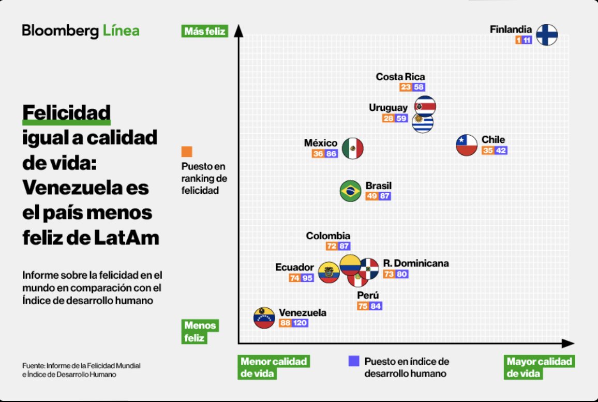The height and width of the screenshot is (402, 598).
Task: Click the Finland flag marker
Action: click(x=546, y=35)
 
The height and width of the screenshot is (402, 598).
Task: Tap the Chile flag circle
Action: click(x=466, y=145)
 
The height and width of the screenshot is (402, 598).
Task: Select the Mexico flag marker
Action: click(x=353, y=149)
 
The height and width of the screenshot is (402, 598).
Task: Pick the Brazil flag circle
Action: click(x=350, y=191)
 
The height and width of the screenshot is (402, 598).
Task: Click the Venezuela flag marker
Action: click(x=263, y=318)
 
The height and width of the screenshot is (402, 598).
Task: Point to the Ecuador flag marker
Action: click(x=328, y=272)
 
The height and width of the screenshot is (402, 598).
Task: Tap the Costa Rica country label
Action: click(x=400, y=77)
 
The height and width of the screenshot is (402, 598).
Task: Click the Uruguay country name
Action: click(x=388, y=108)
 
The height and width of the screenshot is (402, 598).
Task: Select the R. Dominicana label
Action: click(x=416, y=263)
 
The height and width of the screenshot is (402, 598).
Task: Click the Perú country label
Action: click(x=368, y=295)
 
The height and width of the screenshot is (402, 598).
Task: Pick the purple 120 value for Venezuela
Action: click(x=300, y=323)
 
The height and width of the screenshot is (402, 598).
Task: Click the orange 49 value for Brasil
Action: click(x=372, y=196)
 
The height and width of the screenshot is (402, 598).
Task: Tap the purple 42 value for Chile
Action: click(x=501, y=151)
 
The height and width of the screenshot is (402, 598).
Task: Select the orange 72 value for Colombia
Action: click(x=332, y=246)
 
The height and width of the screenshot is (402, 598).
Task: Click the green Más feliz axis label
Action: click(x=205, y=32)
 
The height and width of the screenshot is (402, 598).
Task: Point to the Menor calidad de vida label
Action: click(x=274, y=367)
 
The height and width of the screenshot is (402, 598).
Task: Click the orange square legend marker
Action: click(x=187, y=152)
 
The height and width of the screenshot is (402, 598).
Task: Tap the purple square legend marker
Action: click(x=354, y=361)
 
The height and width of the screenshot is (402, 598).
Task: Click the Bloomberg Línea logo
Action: click(x=80, y=31)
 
